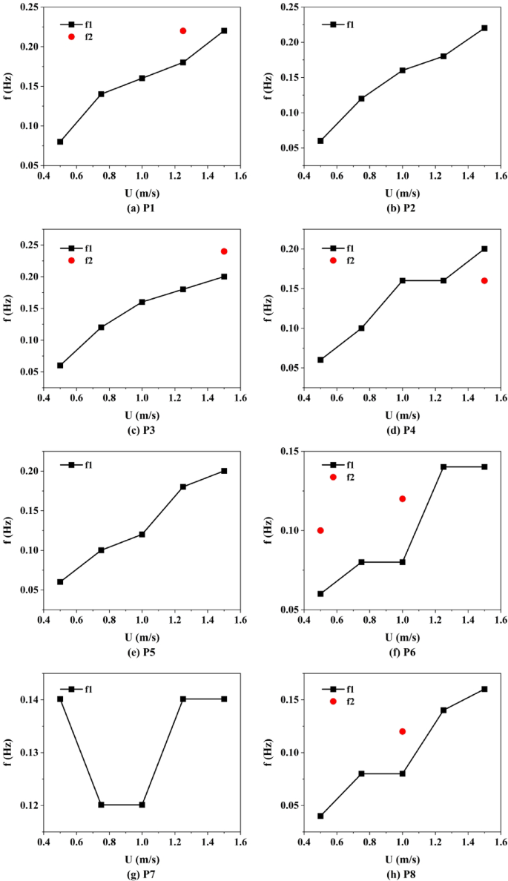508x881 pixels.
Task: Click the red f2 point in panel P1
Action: click(182, 30)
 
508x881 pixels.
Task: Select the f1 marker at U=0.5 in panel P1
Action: click(60, 142)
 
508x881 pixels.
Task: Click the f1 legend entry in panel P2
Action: click(341, 24)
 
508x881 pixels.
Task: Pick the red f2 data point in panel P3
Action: click(223, 251)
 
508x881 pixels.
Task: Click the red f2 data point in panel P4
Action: click(484, 280)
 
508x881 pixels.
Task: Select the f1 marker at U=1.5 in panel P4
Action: click(484, 249)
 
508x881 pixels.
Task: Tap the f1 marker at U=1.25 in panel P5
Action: click(182, 486)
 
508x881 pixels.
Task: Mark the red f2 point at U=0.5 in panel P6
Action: click(320, 530)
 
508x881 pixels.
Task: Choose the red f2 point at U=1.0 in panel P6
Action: click(402, 498)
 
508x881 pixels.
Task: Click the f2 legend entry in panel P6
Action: click(341, 477)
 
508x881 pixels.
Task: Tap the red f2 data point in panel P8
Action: click(402, 731)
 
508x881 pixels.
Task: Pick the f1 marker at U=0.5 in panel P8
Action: click(320, 816)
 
